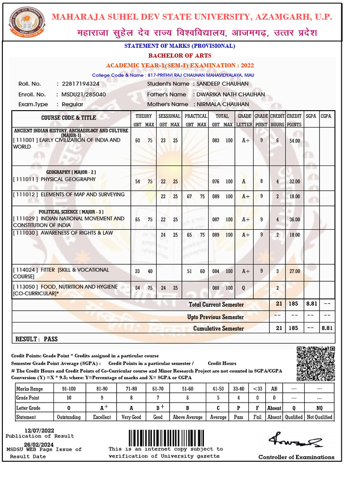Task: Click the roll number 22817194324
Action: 81,84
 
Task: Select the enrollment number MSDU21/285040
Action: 83,94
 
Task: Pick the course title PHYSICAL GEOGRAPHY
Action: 68,180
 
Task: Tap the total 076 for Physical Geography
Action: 216,182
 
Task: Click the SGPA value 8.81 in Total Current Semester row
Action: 311,304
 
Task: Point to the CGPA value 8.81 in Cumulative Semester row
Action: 327,328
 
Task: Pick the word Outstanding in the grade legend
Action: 68,417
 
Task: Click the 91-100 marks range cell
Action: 68,389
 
